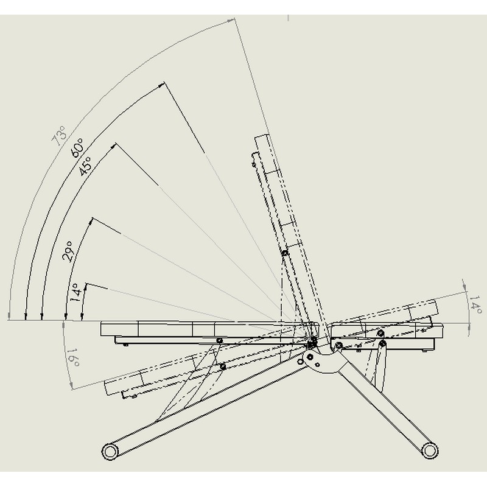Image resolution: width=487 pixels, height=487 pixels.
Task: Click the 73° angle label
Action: pyautogui.click(x=59, y=136)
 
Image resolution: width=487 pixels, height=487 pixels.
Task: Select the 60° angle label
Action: pyautogui.click(x=77, y=148)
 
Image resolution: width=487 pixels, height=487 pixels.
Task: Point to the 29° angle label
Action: pyautogui.click(x=68, y=251)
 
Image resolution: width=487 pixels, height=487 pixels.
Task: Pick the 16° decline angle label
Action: pyautogui.click(x=73, y=357)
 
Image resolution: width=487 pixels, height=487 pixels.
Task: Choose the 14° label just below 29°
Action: pyautogui.click(x=76, y=292)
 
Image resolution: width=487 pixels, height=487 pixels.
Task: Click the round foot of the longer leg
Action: pyautogui.click(x=110, y=451)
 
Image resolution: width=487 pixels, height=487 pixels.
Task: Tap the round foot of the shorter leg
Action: pyautogui.click(x=429, y=450)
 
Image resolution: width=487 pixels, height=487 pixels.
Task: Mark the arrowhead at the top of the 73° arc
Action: pyautogui.click(x=231, y=21)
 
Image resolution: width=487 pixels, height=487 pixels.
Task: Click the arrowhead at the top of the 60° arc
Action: pyautogui.click(x=161, y=85)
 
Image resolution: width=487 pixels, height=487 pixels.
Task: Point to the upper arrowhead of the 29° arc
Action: pyautogui.click(x=91, y=222)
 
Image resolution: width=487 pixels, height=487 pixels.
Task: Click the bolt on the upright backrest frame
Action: pyautogui.click(x=284, y=253)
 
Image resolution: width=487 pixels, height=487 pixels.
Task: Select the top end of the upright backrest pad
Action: pyautogui.click(x=262, y=136)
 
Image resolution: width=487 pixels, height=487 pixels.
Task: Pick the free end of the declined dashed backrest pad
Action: pyautogui.click(x=108, y=386)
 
